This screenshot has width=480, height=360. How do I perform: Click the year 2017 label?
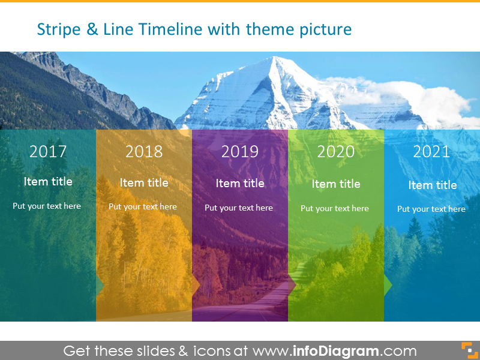pyautogui.click(x=48, y=151)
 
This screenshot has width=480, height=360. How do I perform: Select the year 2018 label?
pyautogui.click(x=144, y=152)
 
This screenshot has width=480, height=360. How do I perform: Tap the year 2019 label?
pyautogui.click(x=240, y=152)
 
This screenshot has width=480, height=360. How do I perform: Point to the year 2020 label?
pyautogui.click(x=336, y=152)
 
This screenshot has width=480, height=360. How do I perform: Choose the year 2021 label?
pyautogui.click(x=431, y=152)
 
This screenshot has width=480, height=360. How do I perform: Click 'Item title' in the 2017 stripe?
pyautogui.click(x=48, y=181)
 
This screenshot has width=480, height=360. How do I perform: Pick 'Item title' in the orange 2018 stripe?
pyautogui.click(x=144, y=182)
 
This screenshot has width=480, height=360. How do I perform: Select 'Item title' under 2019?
pyautogui.click(x=240, y=184)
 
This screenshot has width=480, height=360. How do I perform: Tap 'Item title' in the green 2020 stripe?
pyautogui.click(x=336, y=184)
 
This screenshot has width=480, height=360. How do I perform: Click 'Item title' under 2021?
pyautogui.click(x=433, y=185)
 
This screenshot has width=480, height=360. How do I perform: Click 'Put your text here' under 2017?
pyautogui.click(x=47, y=206)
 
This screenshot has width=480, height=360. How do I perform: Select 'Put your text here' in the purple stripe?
pyautogui.click(x=239, y=208)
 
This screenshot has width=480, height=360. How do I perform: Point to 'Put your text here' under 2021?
pyautogui.click(x=431, y=209)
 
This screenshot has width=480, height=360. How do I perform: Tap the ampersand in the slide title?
pyautogui.click(x=92, y=29)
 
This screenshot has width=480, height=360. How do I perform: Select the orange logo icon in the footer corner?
pyautogui.click(x=467, y=350)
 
